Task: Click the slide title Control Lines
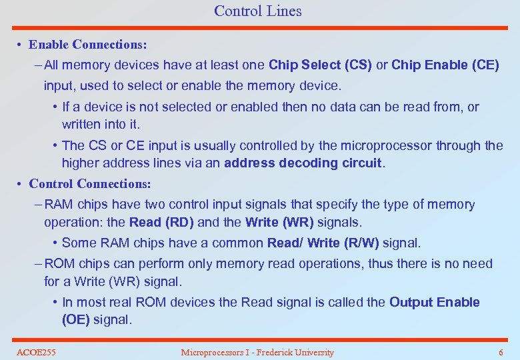point(257,11)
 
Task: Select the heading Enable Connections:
point(88,45)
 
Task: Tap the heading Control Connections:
point(90,183)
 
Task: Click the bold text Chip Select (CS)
point(319,65)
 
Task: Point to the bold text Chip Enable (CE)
point(445,65)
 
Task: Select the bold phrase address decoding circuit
point(303,163)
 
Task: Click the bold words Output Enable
point(434,302)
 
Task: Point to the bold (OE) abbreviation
point(75,319)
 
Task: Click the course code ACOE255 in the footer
point(36,352)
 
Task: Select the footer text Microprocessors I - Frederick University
point(257,352)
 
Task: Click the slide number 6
point(501,352)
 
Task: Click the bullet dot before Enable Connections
point(21,45)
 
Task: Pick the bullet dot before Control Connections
point(21,184)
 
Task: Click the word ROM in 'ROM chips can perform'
point(60,263)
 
